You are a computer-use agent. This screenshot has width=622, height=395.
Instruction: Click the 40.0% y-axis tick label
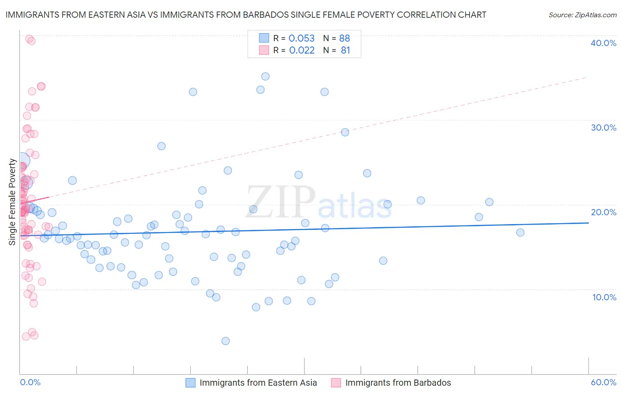(603, 43)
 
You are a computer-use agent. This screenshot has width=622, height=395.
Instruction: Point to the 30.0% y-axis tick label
(603, 128)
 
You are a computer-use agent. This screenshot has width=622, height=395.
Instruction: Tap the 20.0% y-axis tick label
(603, 212)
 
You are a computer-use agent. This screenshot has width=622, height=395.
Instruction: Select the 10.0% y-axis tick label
(604, 297)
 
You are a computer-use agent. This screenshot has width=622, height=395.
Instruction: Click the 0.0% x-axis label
(30, 382)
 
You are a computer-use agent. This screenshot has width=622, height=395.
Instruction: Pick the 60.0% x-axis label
(603, 382)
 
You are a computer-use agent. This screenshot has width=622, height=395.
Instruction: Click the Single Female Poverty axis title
(12, 202)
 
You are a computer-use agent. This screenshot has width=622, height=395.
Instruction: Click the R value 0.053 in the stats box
(301, 38)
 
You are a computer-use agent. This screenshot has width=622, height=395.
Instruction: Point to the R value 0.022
(302, 50)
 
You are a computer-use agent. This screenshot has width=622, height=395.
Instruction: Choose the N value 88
(345, 38)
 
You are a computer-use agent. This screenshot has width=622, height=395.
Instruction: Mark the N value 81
(346, 50)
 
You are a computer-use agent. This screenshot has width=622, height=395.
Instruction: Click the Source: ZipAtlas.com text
(582, 15)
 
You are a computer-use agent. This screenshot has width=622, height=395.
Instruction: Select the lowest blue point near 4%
(226, 341)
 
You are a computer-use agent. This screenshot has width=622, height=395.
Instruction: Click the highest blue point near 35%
(265, 76)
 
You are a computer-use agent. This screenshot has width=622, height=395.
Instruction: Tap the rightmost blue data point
(520, 232)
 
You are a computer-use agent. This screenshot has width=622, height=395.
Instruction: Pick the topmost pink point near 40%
(29, 39)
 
